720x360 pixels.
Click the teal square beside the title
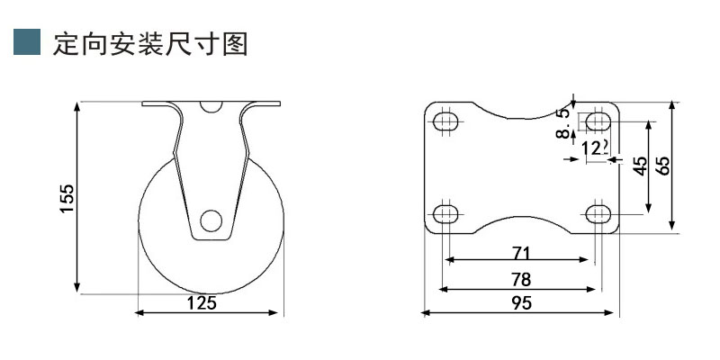tap(27, 42)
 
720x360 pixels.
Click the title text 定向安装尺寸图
tap(150, 43)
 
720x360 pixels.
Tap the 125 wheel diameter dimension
tap(201, 303)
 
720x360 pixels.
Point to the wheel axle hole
tap(211, 220)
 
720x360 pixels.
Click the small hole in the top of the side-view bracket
tap(211, 106)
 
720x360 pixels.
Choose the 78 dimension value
tap(520, 279)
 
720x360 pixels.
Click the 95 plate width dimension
tap(520, 304)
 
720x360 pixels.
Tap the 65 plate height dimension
tap(663, 166)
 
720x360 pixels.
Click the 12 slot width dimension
tap(592, 148)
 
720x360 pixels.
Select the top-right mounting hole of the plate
tap(598, 121)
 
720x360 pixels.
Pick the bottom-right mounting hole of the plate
tap(598, 213)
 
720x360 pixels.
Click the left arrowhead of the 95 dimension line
tap(427, 313)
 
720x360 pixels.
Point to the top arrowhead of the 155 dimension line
tap(78, 107)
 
